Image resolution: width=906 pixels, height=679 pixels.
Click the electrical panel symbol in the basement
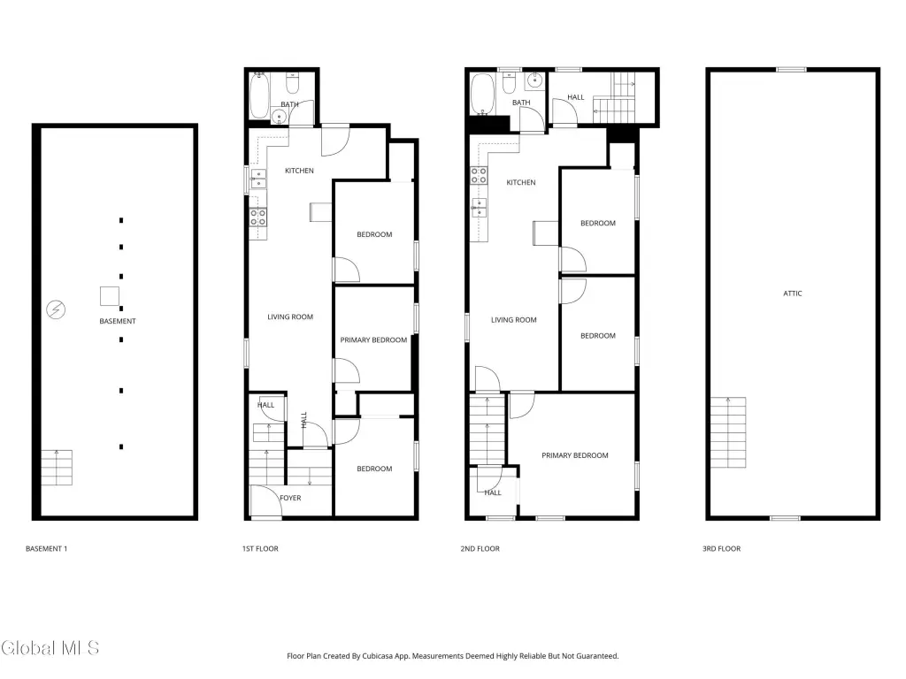point(56,309)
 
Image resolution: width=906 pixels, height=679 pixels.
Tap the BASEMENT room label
point(118,321)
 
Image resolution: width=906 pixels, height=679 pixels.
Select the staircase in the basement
point(57,468)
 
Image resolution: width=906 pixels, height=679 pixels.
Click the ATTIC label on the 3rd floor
point(792,294)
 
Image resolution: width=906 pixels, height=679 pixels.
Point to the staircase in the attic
point(728,432)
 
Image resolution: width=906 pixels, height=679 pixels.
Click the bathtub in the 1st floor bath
point(259,95)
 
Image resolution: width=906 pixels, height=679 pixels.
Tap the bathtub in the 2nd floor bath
point(482,94)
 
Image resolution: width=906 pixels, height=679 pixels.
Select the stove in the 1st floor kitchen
point(257,217)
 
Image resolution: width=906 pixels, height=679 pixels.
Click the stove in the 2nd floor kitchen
point(479,176)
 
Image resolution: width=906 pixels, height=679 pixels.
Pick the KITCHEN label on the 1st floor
point(299,171)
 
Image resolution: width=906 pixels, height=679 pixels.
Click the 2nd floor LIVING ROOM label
point(514,320)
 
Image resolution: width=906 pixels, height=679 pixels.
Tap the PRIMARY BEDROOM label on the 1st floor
point(373,340)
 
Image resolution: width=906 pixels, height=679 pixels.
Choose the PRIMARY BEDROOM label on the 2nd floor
point(575,455)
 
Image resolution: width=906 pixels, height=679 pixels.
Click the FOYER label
point(290,498)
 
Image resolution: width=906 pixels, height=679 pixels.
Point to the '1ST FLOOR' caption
point(260,548)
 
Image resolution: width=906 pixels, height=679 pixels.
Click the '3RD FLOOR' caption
point(721,548)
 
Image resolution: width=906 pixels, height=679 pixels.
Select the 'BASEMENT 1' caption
point(46,548)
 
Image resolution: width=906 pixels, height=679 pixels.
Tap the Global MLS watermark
point(50,648)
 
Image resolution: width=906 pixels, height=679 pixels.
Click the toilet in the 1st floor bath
point(292,84)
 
